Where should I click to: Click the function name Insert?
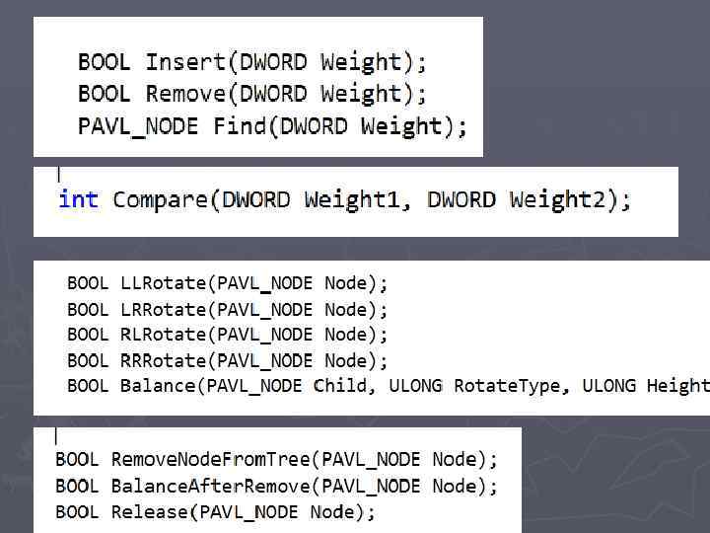point(185,62)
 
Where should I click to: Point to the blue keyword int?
point(78,199)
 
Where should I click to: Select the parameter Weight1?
point(352,199)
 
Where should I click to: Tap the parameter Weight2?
point(558,199)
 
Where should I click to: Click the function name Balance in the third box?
point(158,386)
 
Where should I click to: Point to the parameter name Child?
point(341,386)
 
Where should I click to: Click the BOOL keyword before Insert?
point(104,62)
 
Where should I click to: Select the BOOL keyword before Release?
point(77,512)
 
